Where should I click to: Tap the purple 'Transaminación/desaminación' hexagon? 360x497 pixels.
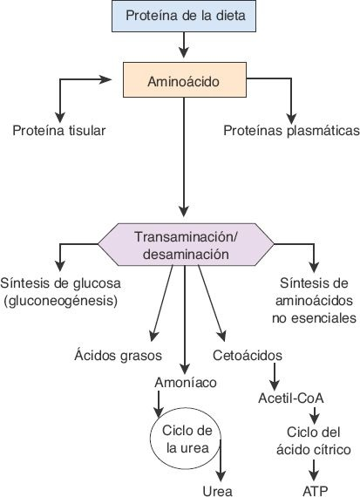(x=181, y=245)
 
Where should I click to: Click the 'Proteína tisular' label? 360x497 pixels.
(x=59, y=132)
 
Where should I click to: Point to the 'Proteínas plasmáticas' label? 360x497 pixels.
(x=291, y=132)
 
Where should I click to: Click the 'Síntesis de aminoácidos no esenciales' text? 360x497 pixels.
(x=311, y=301)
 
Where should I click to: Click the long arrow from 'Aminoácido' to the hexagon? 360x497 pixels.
(x=182, y=157)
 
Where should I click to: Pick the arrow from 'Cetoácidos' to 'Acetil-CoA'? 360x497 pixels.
(x=275, y=374)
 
